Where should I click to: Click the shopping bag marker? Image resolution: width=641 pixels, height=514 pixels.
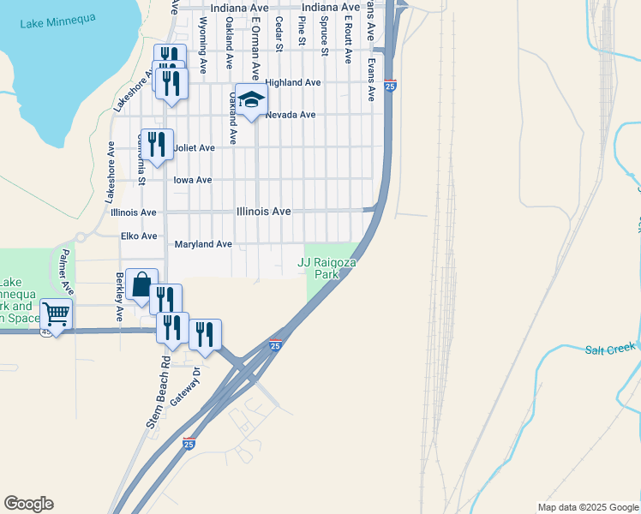tap(141, 284)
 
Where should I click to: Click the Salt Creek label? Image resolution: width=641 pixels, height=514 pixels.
tap(611, 349)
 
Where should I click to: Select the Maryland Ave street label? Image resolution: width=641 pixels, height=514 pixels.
tap(203, 244)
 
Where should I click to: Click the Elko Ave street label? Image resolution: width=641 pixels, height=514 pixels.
tap(139, 236)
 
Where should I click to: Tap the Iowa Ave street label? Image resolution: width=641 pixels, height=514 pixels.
tap(192, 180)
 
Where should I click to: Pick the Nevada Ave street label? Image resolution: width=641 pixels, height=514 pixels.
tap(291, 115)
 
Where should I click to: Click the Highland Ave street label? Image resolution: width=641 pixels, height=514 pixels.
tap(293, 82)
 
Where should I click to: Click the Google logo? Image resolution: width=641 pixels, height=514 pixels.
tap(28, 504)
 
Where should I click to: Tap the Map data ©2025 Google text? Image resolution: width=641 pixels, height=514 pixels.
tap(588, 507)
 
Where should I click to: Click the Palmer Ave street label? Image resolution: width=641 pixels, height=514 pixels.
tap(63, 267)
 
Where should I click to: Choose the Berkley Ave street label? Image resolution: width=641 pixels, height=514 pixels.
tap(119, 297)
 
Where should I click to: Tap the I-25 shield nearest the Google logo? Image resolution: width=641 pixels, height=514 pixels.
tap(189, 443)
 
